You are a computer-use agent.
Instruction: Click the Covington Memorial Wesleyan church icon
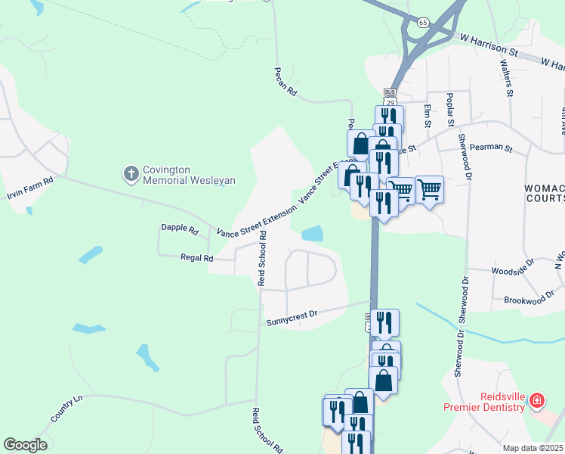[131, 174]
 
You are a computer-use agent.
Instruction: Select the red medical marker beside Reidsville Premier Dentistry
[537, 400]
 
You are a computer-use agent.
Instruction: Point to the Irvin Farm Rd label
[30, 188]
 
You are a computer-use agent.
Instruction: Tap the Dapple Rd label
[179, 228]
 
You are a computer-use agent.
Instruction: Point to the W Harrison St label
[487, 46]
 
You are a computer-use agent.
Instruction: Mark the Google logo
[24, 445]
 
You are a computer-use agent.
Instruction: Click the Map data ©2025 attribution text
[533, 448]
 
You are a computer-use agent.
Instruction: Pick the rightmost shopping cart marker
[429, 188]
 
